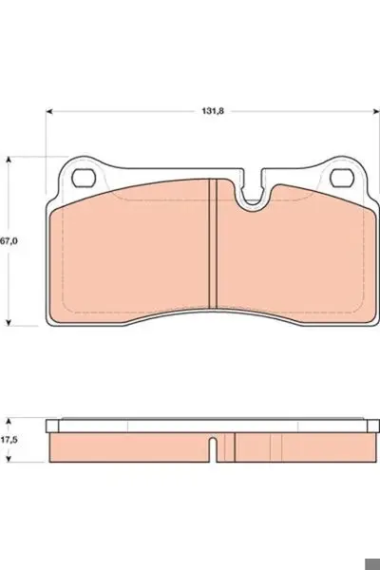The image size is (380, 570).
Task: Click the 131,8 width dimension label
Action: click(x=213, y=111)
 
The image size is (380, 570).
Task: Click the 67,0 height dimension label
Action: click(x=9, y=241)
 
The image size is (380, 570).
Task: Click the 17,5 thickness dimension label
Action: click(x=9, y=440)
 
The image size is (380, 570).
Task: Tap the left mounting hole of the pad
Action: click(x=84, y=179)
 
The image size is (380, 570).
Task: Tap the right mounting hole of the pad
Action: click(x=342, y=179)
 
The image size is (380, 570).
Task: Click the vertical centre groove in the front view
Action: click(x=213, y=243)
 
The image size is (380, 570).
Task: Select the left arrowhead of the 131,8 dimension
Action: click(x=49, y=111)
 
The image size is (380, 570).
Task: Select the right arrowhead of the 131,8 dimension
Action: click(x=376, y=111)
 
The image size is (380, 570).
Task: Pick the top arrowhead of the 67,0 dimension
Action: click(x=9, y=161)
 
